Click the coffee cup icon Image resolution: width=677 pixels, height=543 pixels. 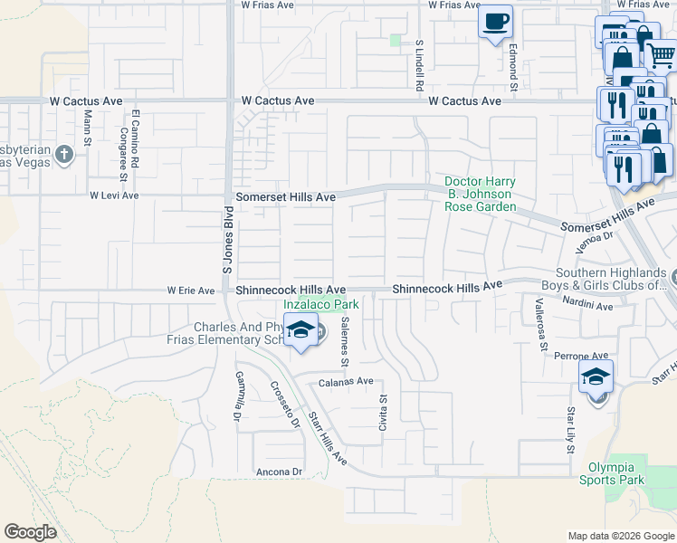click(x=495, y=23)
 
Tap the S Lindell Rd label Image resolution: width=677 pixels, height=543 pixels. click(x=420, y=65)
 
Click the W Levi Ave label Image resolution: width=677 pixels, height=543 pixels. click(x=113, y=195)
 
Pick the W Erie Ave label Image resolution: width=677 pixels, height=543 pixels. click(x=191, y=291)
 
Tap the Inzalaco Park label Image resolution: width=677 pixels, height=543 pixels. click(x=322, y=305)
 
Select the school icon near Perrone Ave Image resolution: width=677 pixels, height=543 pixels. click(x=596, y=376)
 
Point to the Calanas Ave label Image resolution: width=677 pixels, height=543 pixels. click(x=345, y=382)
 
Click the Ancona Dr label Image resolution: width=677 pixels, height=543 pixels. click(x=279, y=472)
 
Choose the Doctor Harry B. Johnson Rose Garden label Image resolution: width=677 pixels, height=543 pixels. click(x=480, y=194)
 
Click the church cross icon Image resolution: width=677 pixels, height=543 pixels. click(x=63, y=155)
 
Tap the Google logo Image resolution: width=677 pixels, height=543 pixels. click(x=30, y=532)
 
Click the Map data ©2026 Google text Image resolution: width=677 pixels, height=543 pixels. click(x=620, y=536)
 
